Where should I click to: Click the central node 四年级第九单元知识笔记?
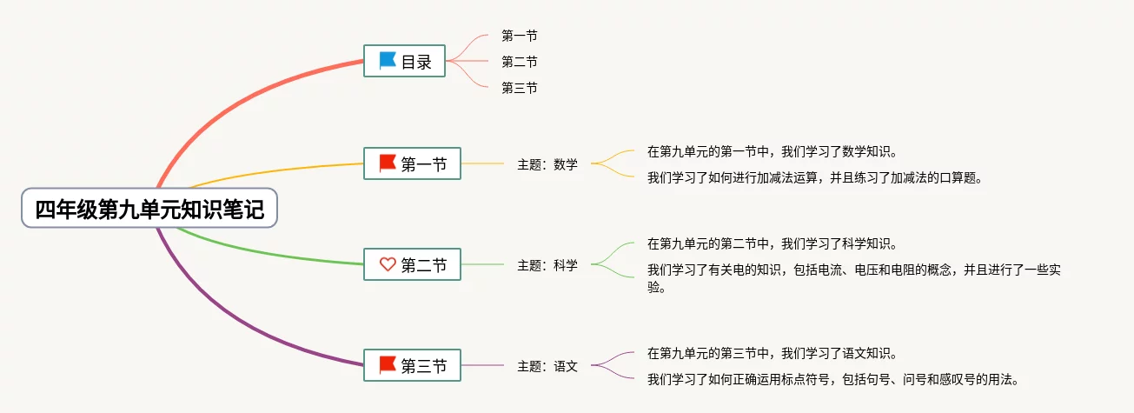(149, 209)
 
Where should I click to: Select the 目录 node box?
(405, 62)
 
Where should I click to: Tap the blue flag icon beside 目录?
(388, 62)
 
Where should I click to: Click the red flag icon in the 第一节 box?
(388, 163)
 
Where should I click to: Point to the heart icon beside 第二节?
(388, 265)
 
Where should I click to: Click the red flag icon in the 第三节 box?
(388, 366)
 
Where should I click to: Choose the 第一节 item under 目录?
(520, 36)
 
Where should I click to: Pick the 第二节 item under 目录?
(520, 62)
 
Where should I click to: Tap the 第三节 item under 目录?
(520, 88)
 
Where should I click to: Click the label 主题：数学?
(547, 163)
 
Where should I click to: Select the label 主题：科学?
(547, 265)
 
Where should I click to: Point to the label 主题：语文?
(547, 366)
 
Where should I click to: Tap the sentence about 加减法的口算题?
(815, 178)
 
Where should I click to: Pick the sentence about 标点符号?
(832, 379)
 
